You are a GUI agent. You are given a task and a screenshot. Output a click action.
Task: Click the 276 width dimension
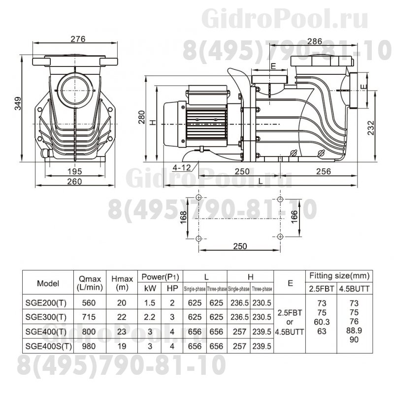click(77, 39)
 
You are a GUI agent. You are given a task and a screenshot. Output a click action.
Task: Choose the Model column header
click(48, 283)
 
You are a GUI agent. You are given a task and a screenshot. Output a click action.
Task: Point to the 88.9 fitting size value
click(354, 330)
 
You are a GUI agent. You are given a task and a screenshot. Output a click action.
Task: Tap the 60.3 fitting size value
click(322, 324)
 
